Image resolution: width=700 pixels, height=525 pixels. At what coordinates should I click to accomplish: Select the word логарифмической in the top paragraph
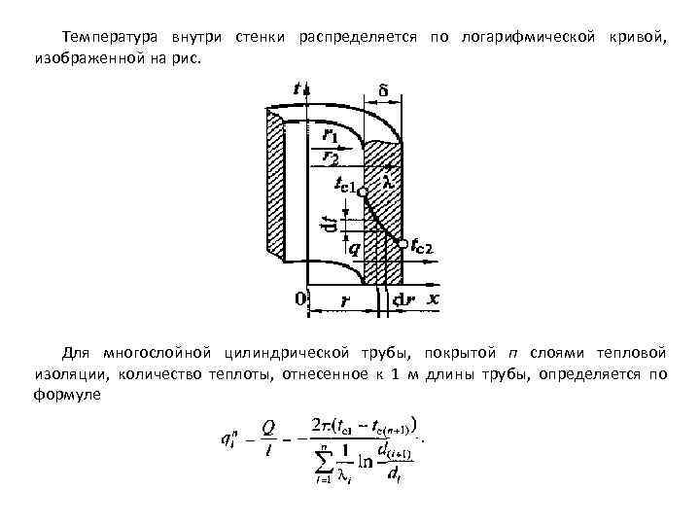pos(523,36)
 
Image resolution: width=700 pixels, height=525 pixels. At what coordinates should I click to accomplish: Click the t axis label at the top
pos(297,88)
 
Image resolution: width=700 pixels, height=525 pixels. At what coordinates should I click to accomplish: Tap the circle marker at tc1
pos(362,192)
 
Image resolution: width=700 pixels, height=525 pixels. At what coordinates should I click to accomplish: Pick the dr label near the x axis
pos(403,299)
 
